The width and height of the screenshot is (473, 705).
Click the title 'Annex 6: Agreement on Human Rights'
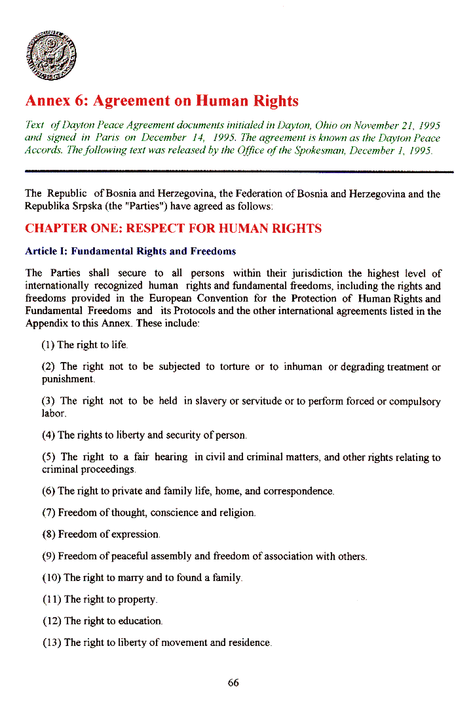pyautogui.click(x=162, y=101)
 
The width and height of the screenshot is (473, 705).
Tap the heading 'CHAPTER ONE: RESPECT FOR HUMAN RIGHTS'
pyautogui.click(x=173, y=229)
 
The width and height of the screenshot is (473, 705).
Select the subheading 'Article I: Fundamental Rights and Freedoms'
pyautogui.click(x=130, y=251)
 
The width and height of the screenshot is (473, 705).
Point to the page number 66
pyautogui.click(x=233, y=683)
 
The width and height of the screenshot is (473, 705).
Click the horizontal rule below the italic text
pyautogui.click(x=239, y=172)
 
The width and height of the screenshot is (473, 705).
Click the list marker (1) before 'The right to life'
pyautogui.click(x=48, y=345)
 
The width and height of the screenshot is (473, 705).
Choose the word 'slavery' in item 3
pyautogui.click(x=214, y=401)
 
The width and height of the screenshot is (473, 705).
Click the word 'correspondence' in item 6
pyautogui.click(x=299, y=491)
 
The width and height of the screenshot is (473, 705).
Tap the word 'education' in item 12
pyautogui.click(x=139, y=621)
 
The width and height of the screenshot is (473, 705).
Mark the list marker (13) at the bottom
pyautogui.click(x=52, y=643)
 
